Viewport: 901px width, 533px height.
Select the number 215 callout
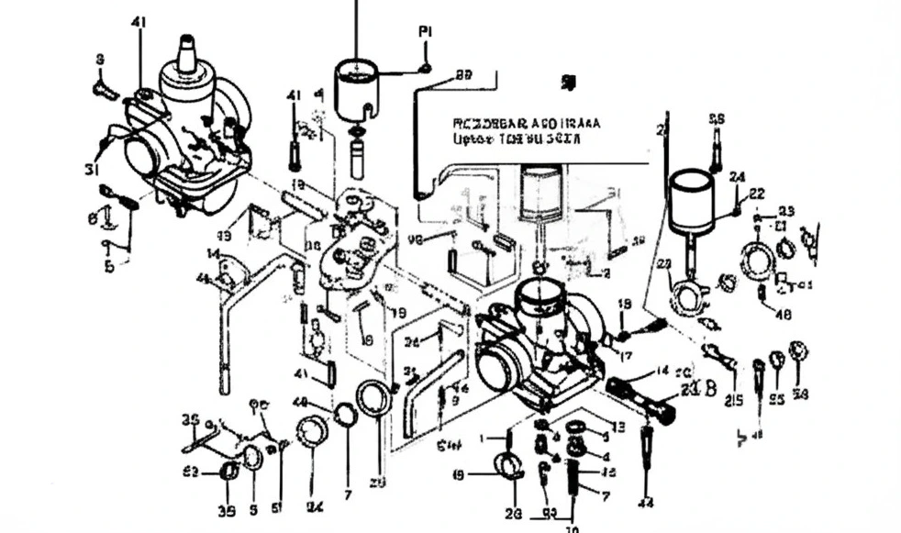click(734, 399)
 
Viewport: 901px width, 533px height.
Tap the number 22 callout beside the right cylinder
click(756, 194)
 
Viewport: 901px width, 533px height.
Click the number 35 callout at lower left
click(190, 420)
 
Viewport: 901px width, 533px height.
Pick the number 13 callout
click(618, 427)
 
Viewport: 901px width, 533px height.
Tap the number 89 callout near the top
click(463, 75)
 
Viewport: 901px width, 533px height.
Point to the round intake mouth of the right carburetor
click(496, 372)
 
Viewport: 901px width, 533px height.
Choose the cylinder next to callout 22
click(689, 204)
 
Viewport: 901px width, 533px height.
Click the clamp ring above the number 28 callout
click(510, 466)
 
